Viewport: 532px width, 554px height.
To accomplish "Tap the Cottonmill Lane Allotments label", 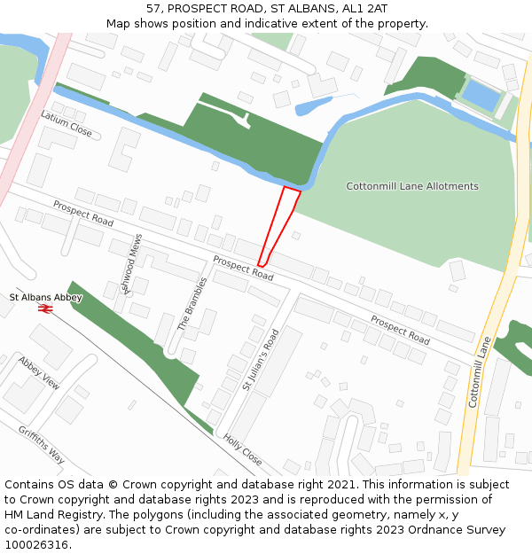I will coord(411,186).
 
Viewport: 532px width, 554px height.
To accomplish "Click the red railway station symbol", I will coord(46,308).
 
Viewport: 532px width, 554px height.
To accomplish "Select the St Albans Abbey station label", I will coord(45,298).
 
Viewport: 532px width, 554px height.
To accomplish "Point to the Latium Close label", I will coord(66,124).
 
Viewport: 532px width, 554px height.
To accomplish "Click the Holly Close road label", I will coord(242,449).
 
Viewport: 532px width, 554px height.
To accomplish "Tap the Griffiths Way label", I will coord(41,444).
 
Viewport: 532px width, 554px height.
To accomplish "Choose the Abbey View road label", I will coord(38,373).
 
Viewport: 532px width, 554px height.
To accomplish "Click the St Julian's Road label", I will coord(261,360).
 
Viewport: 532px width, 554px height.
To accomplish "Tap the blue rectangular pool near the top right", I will coord(482,96).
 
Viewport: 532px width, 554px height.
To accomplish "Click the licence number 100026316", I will coord(38,544).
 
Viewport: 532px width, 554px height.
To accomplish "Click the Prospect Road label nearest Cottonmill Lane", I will coord(400,330).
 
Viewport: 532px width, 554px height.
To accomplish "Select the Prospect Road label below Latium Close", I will coord(82,213).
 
